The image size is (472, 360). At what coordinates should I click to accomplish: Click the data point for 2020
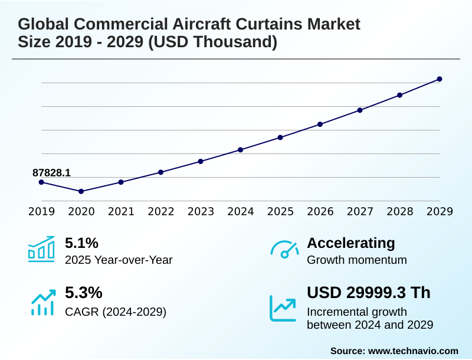tap(81, 191)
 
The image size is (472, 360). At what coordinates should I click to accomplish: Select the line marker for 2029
tap(440, 79)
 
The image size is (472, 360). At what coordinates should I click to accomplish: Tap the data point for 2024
tap(241, 150)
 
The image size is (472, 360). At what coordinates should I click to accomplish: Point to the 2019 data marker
tap(41, 182)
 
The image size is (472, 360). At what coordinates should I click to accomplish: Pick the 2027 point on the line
tap(360, 110)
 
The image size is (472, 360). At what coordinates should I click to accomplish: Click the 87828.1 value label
tap(51, 172)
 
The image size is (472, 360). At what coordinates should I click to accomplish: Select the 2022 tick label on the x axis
tap(161, 212)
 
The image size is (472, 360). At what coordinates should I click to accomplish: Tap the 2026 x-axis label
tap(320, 212)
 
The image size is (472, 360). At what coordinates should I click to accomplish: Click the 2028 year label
tap(400, 212)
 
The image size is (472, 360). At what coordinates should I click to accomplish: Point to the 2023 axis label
tap(201, 212)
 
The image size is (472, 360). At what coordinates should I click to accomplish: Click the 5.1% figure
tap(81, 243)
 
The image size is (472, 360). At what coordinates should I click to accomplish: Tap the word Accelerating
tap(351, 243)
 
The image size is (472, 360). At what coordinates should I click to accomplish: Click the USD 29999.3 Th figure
tap(369, 293)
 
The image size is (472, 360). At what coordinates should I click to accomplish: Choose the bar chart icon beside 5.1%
tap(41, 249)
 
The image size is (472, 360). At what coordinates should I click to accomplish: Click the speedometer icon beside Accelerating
tap(284, 249)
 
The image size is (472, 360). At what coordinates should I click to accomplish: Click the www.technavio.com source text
tap(413, 351)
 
